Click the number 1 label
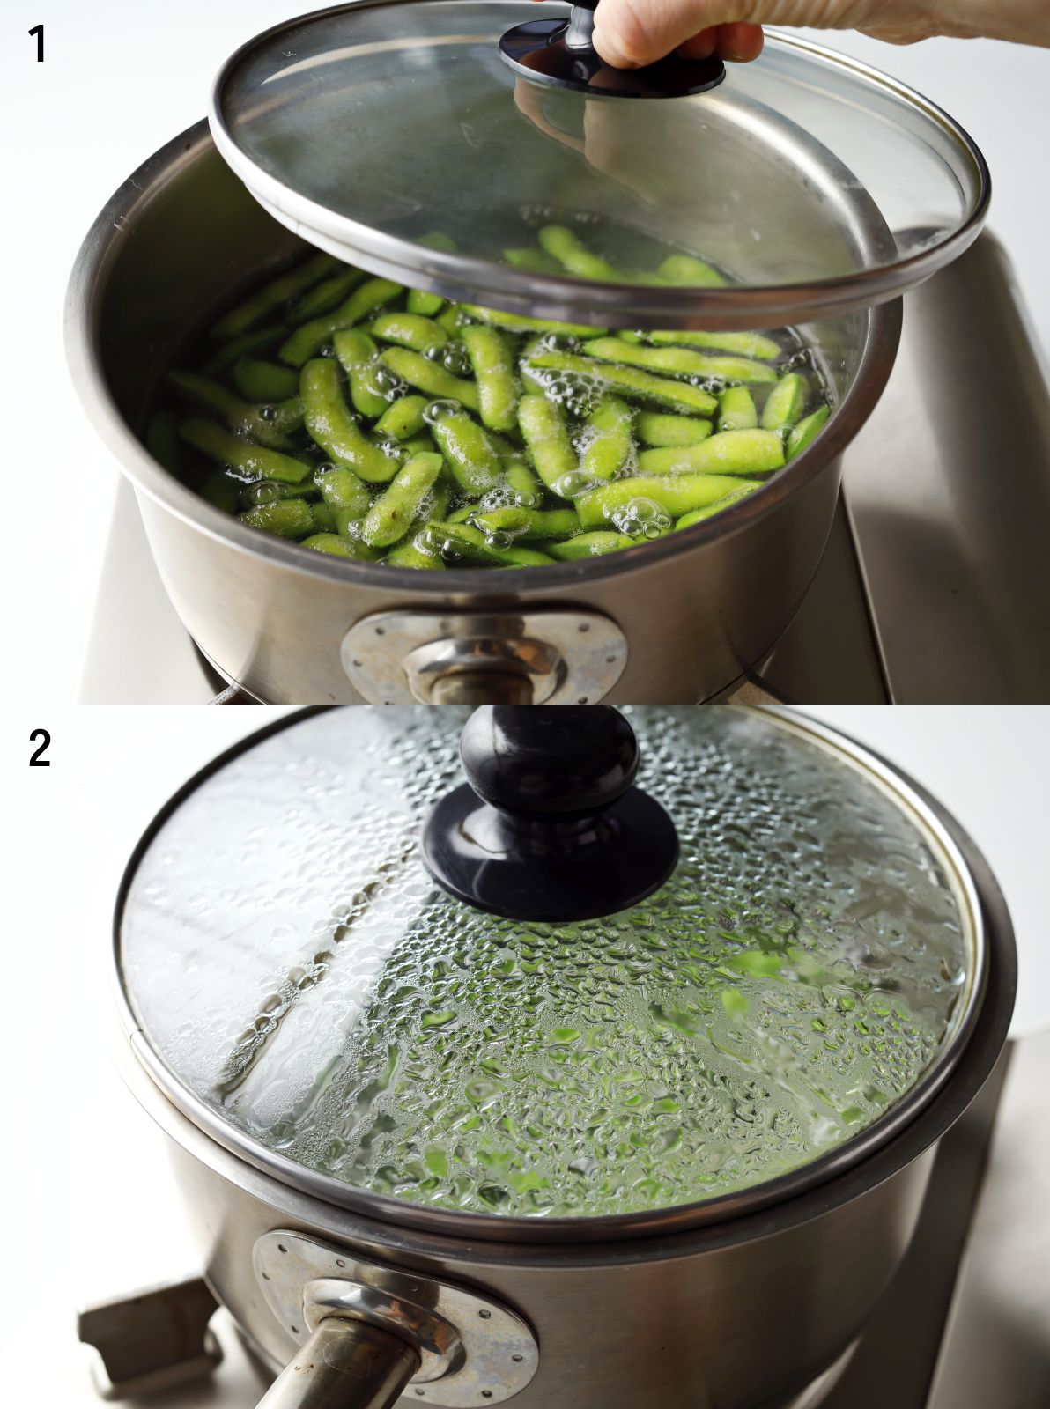(38, 43)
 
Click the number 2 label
(40, 748)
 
